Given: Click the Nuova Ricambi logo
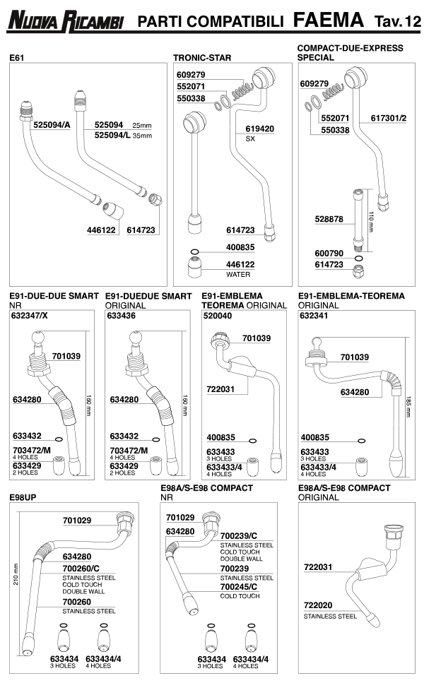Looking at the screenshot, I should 66,21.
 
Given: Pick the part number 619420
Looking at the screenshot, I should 259,129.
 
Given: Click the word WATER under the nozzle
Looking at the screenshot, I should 238,274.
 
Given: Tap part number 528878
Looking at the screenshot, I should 329,220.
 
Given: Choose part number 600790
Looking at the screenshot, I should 329,253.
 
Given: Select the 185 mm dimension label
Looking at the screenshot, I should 409,406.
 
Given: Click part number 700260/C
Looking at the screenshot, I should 81,566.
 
